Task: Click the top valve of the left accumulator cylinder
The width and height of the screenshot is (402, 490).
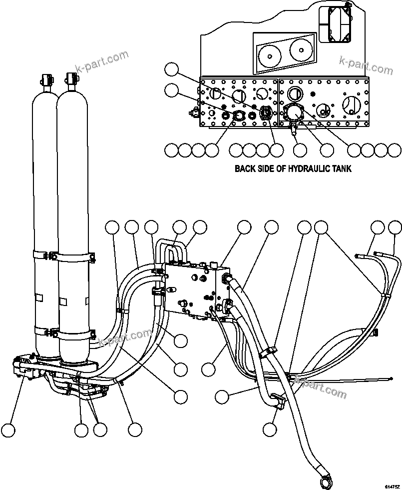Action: [47, 80]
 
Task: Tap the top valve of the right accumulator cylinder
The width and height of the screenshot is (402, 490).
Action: [70, 79]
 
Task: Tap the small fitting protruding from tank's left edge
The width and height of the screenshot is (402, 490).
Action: [193, 111]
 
